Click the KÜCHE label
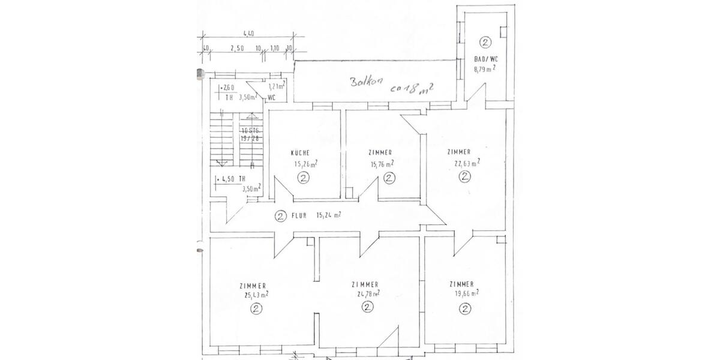tap(301, 153)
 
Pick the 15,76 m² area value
tap(382, 163)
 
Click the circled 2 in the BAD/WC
tap(485, 42)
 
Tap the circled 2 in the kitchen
tap(304, 178)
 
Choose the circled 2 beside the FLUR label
tap(279, 217)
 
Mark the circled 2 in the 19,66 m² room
tap(464, 308)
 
